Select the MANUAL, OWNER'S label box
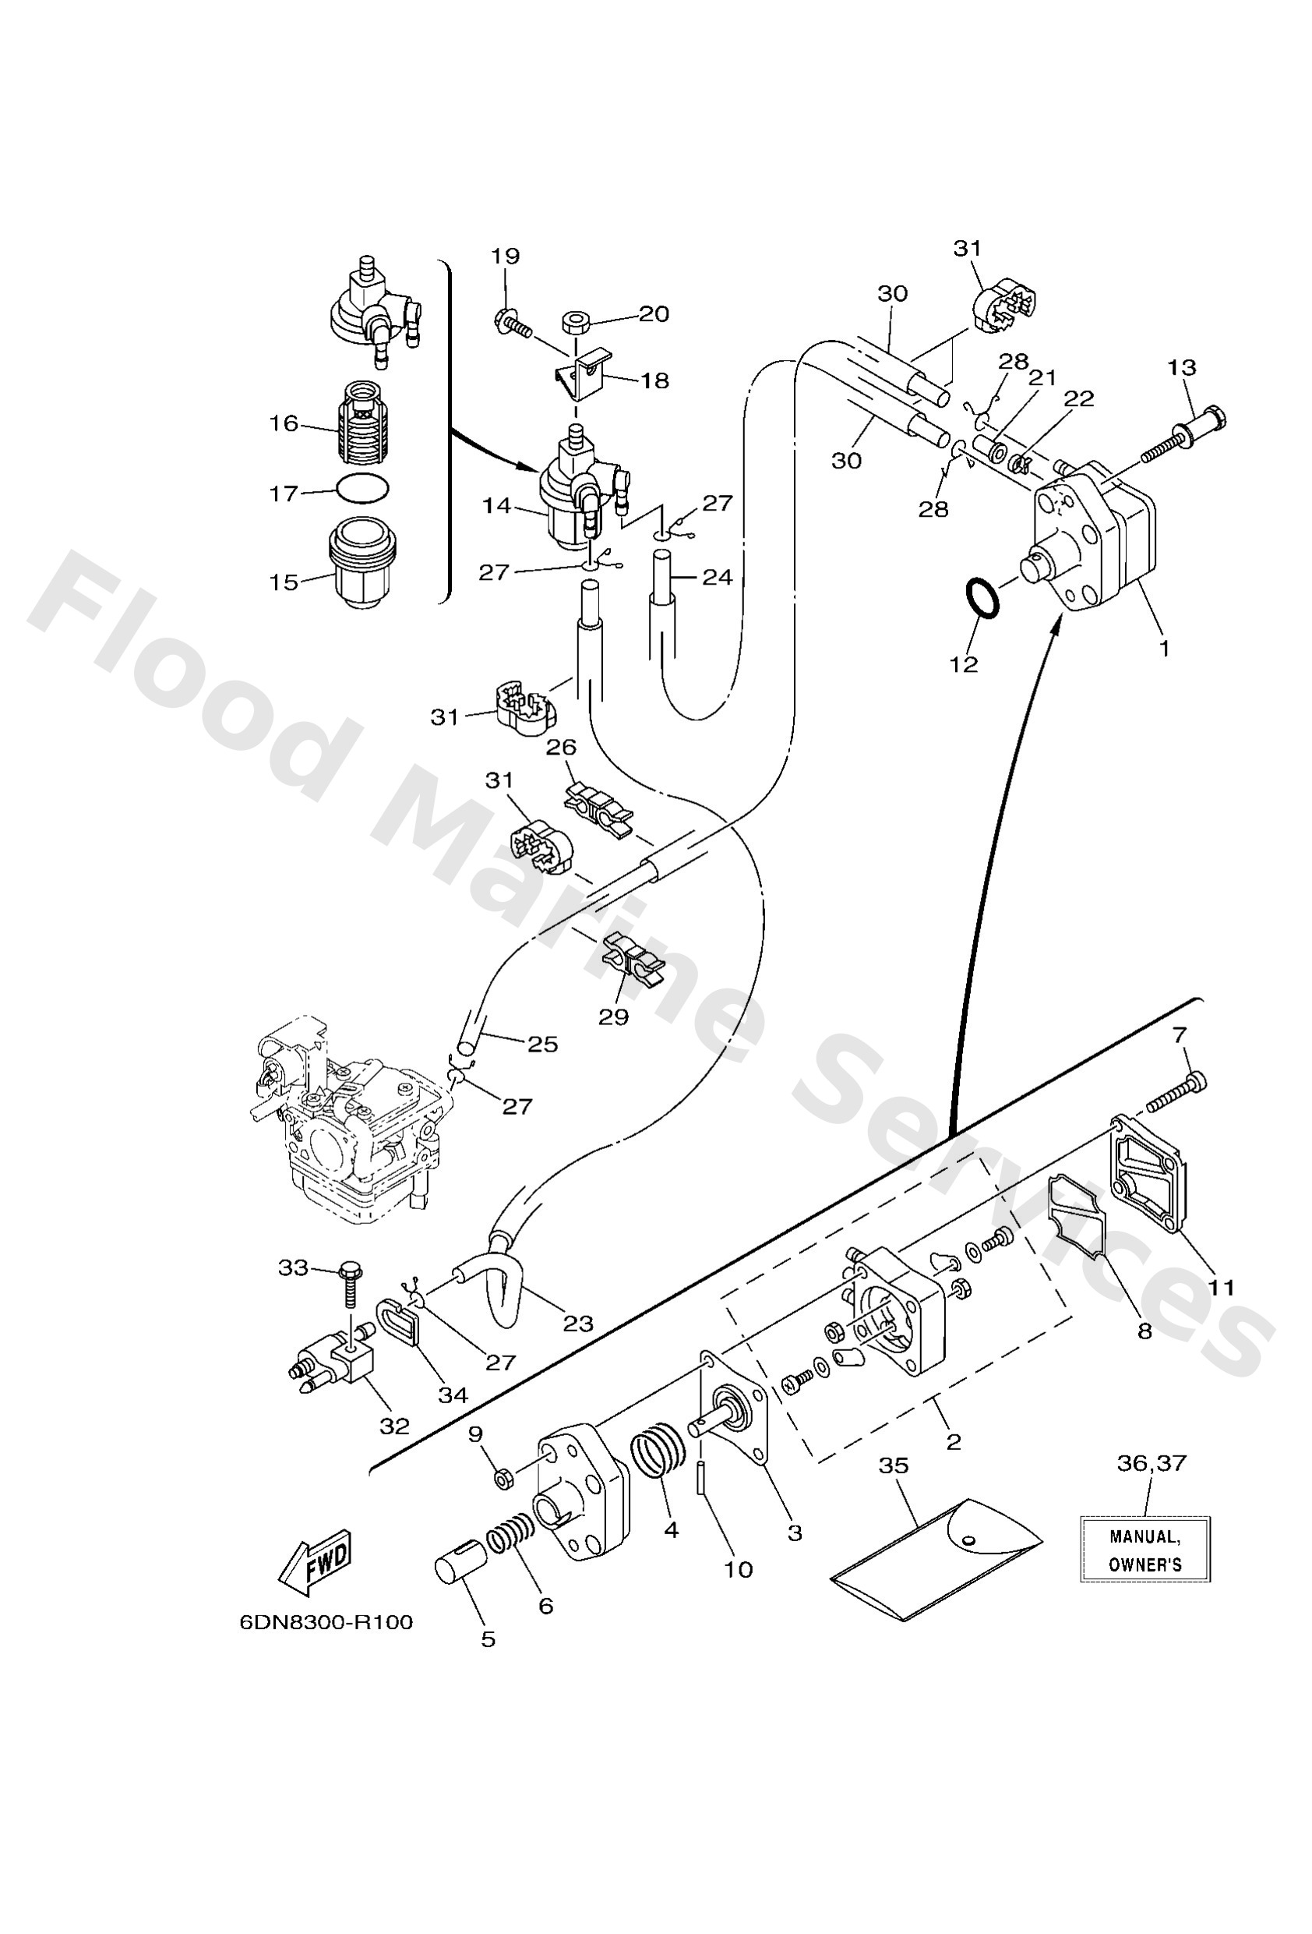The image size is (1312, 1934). click(x=1144, y=1550)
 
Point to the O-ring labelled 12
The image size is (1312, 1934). click(x=981, y=599)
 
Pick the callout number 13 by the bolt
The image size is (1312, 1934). click(x=1181, y=367)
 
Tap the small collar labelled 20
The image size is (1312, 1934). click(x=575, y=320)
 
